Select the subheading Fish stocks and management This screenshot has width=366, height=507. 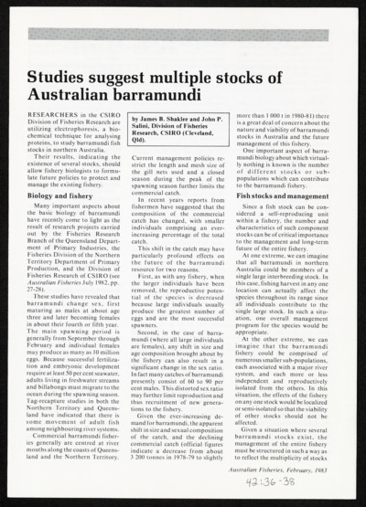(x=286, y=196)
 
